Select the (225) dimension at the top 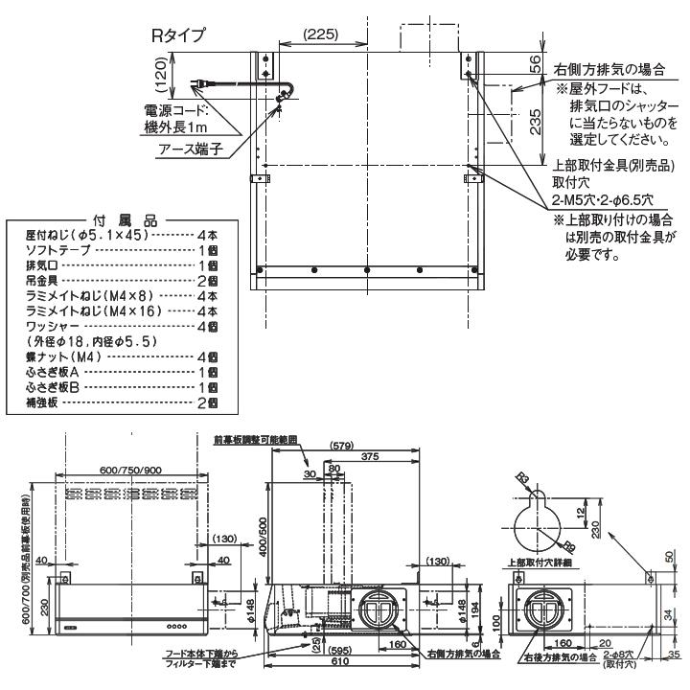click(x=319, y=34)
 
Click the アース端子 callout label click(x=192, y=149)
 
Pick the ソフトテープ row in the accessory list click(x=57, y=248)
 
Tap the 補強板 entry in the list click(x=43, y=402)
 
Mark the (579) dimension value click(x=342, y=446)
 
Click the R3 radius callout click(x=522, y=476)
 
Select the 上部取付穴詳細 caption click(x=547, y=564)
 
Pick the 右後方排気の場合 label click(x=562, y=658)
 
